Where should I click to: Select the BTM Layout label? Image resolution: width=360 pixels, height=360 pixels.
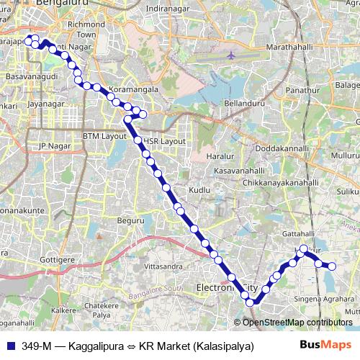[104, 135]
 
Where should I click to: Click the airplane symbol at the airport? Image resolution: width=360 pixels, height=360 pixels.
[230, 55]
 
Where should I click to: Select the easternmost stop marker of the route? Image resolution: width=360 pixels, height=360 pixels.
[333, 266]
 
